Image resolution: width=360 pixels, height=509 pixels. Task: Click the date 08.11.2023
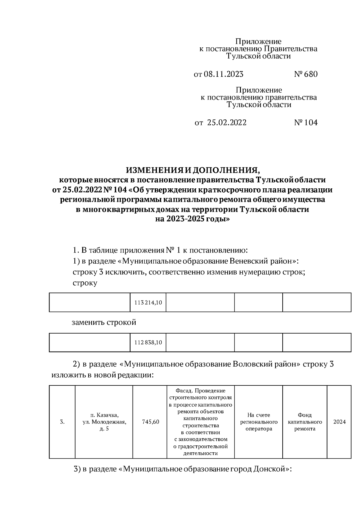[223, 74]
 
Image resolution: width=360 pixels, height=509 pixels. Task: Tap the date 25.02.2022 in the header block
[226, 122]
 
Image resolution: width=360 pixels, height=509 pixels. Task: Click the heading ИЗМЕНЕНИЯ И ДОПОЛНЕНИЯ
[192, 170]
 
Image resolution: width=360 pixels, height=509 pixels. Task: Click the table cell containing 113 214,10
[148, 303]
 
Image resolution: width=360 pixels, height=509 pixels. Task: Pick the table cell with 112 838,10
[148, 342]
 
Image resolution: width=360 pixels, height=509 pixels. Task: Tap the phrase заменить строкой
[104, 322]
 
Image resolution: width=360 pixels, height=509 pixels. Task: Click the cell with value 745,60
[151, 422]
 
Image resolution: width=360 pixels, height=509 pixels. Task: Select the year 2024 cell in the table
[339, 422]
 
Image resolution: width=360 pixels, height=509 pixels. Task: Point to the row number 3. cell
[62, 422]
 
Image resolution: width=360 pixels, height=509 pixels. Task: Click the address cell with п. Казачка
[104, 422]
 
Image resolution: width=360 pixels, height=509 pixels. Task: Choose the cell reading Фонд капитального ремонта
[304, 422]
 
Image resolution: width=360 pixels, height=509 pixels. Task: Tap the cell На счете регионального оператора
[258, 422]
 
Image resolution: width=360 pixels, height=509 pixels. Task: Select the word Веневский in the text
[249, 261]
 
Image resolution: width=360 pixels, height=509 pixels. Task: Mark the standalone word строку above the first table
[85, 283]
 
